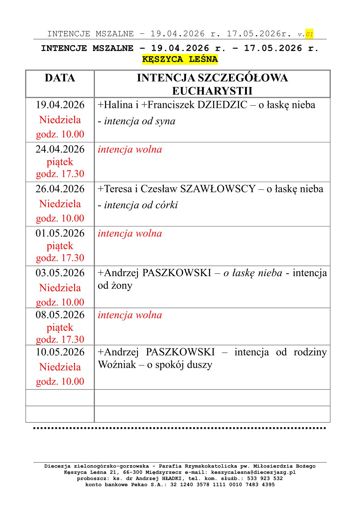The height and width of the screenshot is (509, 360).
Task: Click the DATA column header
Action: point(60,78)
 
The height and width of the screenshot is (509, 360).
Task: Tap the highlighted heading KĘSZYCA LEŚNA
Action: point(180,59)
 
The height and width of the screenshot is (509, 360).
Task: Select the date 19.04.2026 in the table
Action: point(60,105)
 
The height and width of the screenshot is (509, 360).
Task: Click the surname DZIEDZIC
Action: point(222,105)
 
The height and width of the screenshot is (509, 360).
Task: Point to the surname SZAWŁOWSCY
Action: point(218,189)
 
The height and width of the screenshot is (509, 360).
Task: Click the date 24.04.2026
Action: point(60,149)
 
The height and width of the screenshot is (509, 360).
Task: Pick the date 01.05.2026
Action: point(60,233)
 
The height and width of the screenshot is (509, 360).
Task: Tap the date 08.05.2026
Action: point(60,315)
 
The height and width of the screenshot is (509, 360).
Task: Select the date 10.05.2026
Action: point(60,352)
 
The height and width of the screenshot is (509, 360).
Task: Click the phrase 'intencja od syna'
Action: point(140,121)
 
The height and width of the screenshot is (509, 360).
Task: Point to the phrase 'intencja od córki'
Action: point(141,205)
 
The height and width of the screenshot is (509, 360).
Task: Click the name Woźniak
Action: point(117,365)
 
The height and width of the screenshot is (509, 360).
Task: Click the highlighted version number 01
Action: point(309,34)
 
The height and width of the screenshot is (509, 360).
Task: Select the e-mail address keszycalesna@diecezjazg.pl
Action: point(253,472)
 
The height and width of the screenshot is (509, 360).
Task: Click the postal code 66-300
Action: point(133,472)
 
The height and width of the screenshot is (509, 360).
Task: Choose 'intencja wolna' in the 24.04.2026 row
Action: point(130,150)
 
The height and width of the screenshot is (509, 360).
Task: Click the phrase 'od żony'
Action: point(115,286)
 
